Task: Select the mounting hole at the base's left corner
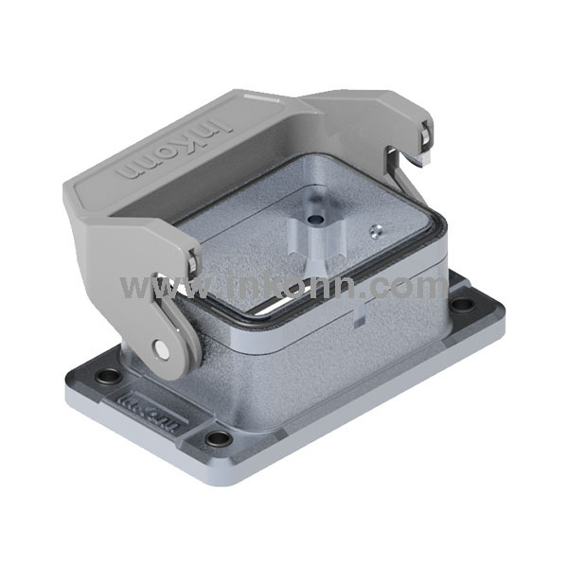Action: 108,376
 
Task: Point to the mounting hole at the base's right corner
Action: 463,305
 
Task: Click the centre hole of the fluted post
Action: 313,218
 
